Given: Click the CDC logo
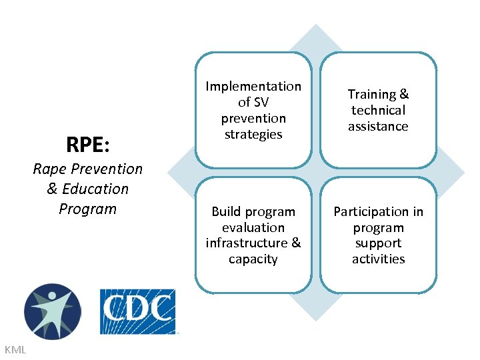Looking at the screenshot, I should point(137,311).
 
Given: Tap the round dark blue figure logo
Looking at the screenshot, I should point(52,311).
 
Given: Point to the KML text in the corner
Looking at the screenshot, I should point(15,349).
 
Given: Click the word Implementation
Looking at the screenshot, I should point(253,87).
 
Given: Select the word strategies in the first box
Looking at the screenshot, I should point(253,135).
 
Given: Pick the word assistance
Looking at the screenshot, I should point(378,127).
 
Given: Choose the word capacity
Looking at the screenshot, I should point(253,259).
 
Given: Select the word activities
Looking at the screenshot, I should point(378,259).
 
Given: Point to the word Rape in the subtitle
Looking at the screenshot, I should point(49,169).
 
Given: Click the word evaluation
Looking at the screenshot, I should point(253,227).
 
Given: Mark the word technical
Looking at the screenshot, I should point(378,111).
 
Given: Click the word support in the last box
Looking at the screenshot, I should point(378,243).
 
